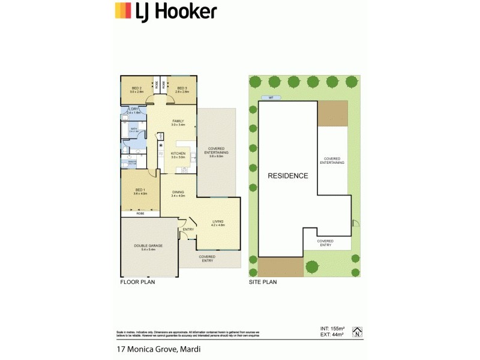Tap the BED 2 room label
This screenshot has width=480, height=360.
click(x=136, y=88)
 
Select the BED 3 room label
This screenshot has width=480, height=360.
click(x=182, y=88)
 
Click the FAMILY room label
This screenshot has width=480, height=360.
click(x=178, y=121)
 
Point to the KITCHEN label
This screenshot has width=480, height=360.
click(x=178, y=154)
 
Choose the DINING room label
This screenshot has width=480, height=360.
click(x=178, y=193)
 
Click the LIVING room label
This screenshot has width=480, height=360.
click(x=218, y=222)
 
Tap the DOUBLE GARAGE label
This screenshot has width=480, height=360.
click(x=148, y=245)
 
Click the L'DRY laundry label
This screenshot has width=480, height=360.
click(x=133, y=109)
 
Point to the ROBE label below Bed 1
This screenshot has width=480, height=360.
click(x=140, y=213)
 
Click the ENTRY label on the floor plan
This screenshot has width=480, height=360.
click(x=188, y=229)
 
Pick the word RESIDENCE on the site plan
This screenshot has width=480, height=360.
click(x=288, y=176)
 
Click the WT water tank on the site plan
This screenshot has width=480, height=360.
click(x=271, y=97)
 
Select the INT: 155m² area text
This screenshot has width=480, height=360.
click(x=329, y=328)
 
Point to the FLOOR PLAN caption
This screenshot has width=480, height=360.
click(x=137, y=281)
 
